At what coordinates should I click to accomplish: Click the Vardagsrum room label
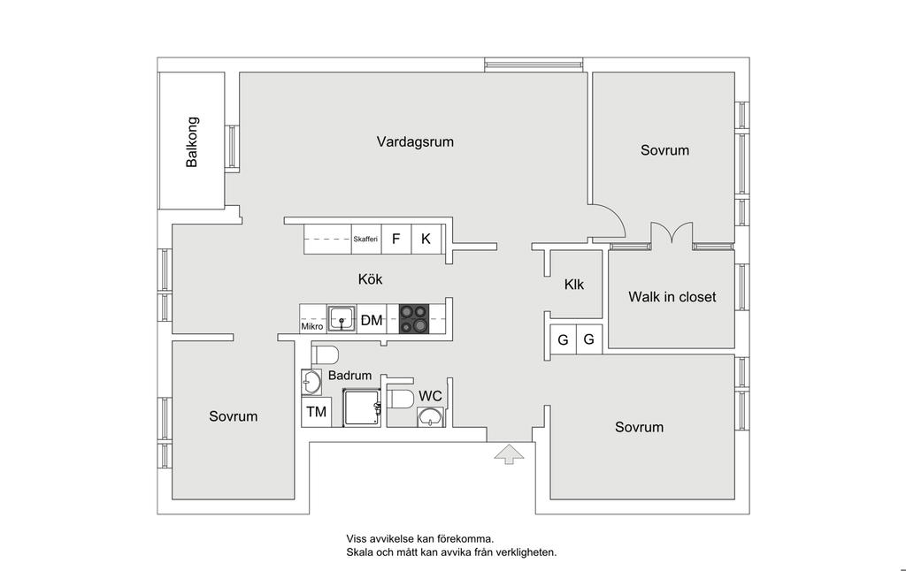coord(415,141)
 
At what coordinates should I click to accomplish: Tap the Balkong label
coord(192,141)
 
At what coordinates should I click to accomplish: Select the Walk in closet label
coord(672,297)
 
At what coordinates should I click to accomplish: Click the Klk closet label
coord(574,285)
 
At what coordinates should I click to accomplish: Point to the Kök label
coord(370,279)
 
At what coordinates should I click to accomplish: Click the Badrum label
coord(349,376)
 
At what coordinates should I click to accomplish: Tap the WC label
coord(431,396)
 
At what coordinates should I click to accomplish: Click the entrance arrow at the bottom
coord(509,454)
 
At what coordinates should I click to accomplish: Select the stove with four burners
coord(412,318)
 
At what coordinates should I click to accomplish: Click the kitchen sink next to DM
coord(342,318)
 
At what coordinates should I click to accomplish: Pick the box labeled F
coord(396,239)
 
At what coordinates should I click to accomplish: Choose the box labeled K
coord(426,239)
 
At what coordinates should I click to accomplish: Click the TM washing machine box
coord(316,412)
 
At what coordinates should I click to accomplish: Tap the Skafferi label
coord(365,240)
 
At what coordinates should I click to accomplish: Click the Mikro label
coord(312,327)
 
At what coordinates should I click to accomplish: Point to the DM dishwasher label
coord(372,320)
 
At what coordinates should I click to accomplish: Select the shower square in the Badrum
coord(361,408)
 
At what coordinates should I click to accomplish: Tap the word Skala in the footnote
coord(360,552)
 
